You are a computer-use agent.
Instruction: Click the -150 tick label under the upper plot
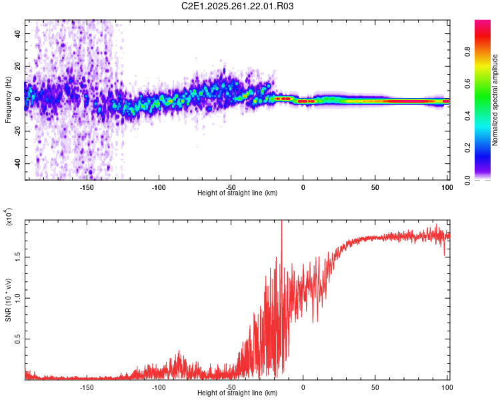(87, 187)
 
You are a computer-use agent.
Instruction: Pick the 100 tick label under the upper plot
(446, 187)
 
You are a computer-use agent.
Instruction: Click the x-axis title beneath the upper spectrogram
(237, 193)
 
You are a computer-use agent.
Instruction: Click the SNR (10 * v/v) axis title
(8, 300)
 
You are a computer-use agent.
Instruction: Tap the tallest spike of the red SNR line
(281, 222)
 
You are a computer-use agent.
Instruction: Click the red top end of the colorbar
(483, 23)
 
